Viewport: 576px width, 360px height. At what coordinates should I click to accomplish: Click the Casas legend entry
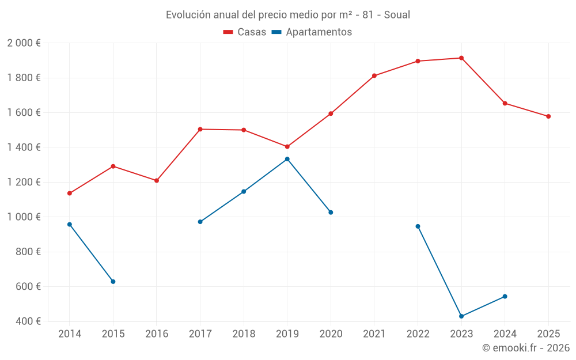[245, 32]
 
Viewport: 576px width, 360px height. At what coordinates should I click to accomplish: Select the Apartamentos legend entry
[312, 32]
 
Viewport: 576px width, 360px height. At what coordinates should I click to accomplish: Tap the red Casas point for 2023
[461, 58]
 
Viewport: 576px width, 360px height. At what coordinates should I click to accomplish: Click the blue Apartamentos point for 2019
[287, 159]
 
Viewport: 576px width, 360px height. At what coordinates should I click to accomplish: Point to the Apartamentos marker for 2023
[461, 316]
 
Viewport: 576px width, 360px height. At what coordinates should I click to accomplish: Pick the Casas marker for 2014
[70, 194]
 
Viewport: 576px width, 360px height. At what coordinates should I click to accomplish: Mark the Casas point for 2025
[548, 116]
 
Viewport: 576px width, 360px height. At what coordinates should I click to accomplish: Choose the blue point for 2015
[113, 282]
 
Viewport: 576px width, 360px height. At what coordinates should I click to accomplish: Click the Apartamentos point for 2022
[418, 226]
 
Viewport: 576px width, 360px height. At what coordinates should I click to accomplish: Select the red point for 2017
[200, 129]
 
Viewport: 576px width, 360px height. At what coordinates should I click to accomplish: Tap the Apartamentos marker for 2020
[331, 213]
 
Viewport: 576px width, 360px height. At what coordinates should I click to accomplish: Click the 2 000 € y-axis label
[24, 43]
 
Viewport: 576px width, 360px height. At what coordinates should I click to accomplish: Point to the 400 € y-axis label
[27, 321]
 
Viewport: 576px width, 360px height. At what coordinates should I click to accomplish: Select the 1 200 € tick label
[24, 182]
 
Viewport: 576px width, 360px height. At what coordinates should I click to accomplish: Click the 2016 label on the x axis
[157, 334]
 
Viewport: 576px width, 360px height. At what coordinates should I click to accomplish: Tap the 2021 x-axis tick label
[374, 334]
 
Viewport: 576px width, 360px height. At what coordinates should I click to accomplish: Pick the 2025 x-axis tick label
[548, 334]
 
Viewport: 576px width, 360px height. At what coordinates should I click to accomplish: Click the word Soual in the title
[397, 15]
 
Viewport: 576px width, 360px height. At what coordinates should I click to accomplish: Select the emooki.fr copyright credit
[526, 348]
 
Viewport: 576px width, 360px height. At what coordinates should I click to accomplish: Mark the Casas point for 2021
[374, 75]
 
